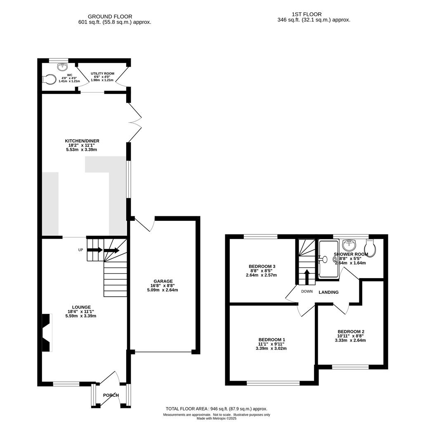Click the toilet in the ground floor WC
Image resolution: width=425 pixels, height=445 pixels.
(x=49, y=79)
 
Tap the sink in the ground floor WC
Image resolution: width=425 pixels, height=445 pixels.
(x=62, y=67)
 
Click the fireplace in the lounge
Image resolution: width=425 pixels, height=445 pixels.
(x=47, y=333)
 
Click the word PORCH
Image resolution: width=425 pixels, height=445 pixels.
(x=111, y=395)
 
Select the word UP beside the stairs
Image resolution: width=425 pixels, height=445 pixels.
(x=81, y=250)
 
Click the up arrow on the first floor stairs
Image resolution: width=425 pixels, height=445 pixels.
(x=307, y=277)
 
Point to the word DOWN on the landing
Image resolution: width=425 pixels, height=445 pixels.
(x=307, y=291)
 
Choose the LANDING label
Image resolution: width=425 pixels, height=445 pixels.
(x=328, y=292)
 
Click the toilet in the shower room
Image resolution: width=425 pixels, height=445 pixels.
(x=371, y=248)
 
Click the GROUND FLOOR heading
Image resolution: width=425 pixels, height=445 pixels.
(x=110, y=17)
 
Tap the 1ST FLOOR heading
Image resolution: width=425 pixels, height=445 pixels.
(x=307, y=14)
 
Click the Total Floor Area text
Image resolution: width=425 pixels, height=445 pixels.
(x=217, y=409)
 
